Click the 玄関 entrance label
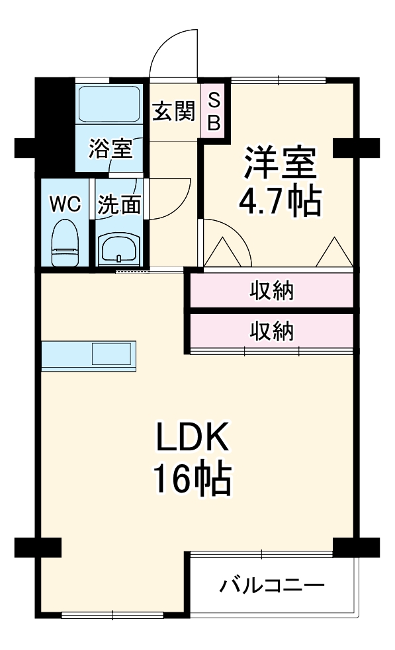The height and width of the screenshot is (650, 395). [x=174, y=112]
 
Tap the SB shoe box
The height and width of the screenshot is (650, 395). [x=214, y=111]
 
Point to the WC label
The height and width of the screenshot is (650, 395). [x=66, y=204]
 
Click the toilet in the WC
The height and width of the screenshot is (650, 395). [x=66, y=243]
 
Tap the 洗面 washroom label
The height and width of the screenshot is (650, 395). [x=119, y=205]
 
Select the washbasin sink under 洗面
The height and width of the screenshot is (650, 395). [x=119, y=249]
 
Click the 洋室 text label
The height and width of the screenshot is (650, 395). [x=280, y=163]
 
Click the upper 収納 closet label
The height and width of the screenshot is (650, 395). [x=271, y=291]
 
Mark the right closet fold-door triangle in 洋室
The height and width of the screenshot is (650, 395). [x=333, y=253]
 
